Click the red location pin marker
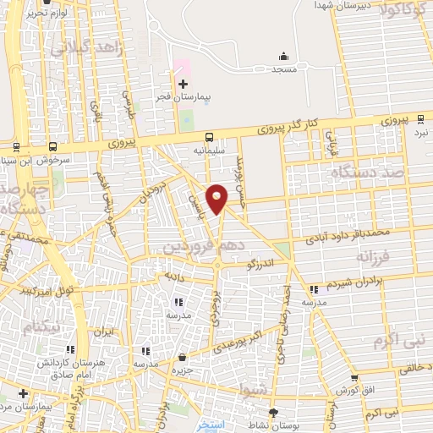click(217, 198)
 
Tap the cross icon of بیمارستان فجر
click(183, 83)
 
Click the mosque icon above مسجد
click(282, 57)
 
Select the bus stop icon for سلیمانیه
click(209, 138)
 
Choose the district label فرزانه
click(375, 255)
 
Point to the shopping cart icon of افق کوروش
click(354, 378)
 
